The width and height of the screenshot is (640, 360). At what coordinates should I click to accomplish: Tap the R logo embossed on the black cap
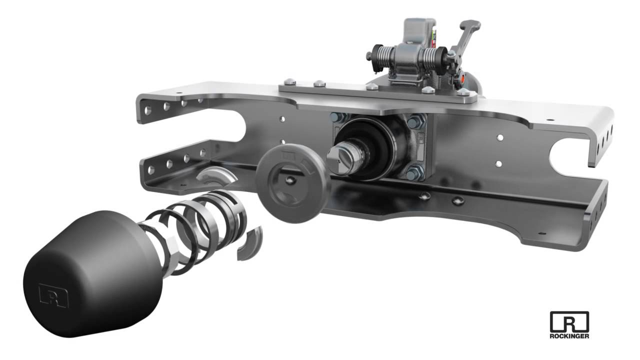[x=53, y=294]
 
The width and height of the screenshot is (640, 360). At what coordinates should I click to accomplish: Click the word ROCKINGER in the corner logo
[x=569, y=336]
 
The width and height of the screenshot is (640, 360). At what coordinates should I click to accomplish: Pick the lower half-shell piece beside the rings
[x=249, y=243]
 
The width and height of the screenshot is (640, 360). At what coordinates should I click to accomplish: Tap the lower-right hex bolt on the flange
[x=412, y=173]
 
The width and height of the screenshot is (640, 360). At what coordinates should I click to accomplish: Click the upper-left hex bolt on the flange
[x=336, y=118]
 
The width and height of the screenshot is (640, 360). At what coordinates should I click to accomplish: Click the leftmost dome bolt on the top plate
[x=289, y=81]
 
